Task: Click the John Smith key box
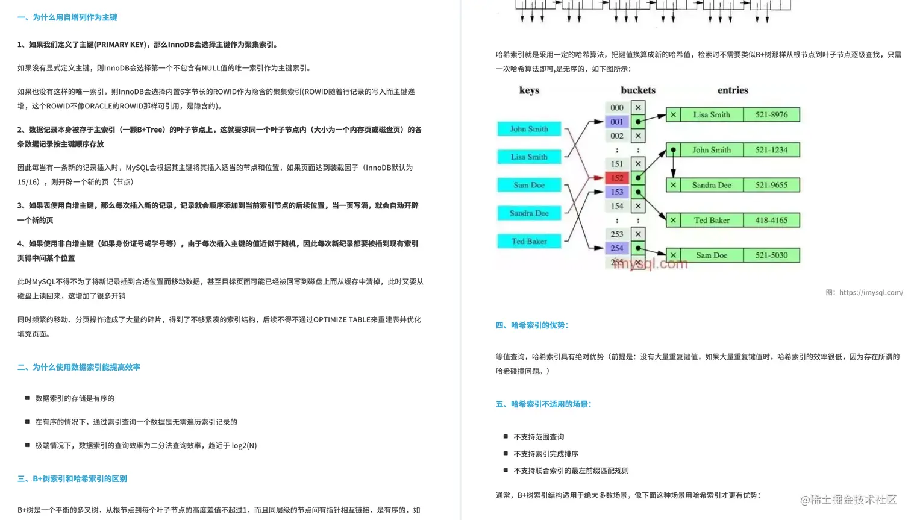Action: pyautogui.click(x=529, y=129)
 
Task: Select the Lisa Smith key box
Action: pyautogui.click(x=529, y=157)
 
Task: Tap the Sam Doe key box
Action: pyautogui.click(x=529, y=185)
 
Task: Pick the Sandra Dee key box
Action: pyautogui.click(x=529, y=213)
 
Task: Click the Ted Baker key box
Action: pyautogui.click(x=529, y=242)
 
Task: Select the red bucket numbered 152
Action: pyautogui.click(x=617, y=178)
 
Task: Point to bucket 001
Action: pyautogui.click(x=617, y=122)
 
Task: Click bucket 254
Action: pyautogui.click(x=617, y=248)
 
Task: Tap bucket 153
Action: pyautogui.click(x=617, y=192)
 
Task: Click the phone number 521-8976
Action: pyautogui.click(x=771, y=115)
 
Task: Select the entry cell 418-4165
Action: pyautogui.click(x=771, y=221)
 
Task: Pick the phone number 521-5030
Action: pyautogui.click(x=771, y=255)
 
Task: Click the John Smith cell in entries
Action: pyautogui.click(x=711, y=150)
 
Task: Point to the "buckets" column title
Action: pyautogui.click(x=638, y=90)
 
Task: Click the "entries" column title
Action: pyautogui.click(x=733, y=90)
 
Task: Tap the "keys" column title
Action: pyautogui.click(x=529, y=90)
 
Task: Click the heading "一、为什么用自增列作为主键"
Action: pyautogui.click(x=67, y=17)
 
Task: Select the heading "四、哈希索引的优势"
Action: pyautogui.click(x=532, y=325)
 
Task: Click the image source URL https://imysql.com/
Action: pyautogui.click(x=871, y=293)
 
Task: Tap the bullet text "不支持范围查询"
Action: pyautogui.click(x=539, y=437)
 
